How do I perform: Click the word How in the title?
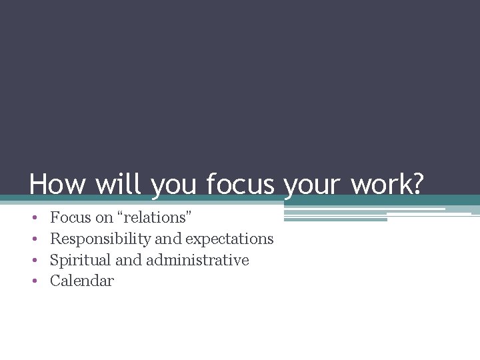tap(57, 185)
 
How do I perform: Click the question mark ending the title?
tap(417, 185)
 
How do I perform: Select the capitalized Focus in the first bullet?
tap(71, 217)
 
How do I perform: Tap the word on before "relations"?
tap(105, 217)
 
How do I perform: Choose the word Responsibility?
tap(101, 239)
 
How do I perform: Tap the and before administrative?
tap(129, 260)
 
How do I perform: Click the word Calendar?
tap(82, 281)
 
